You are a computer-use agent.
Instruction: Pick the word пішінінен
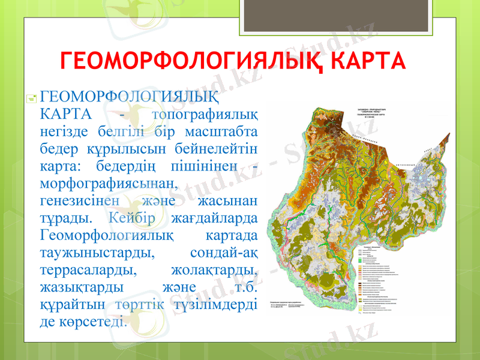click(x=203, y=164)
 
